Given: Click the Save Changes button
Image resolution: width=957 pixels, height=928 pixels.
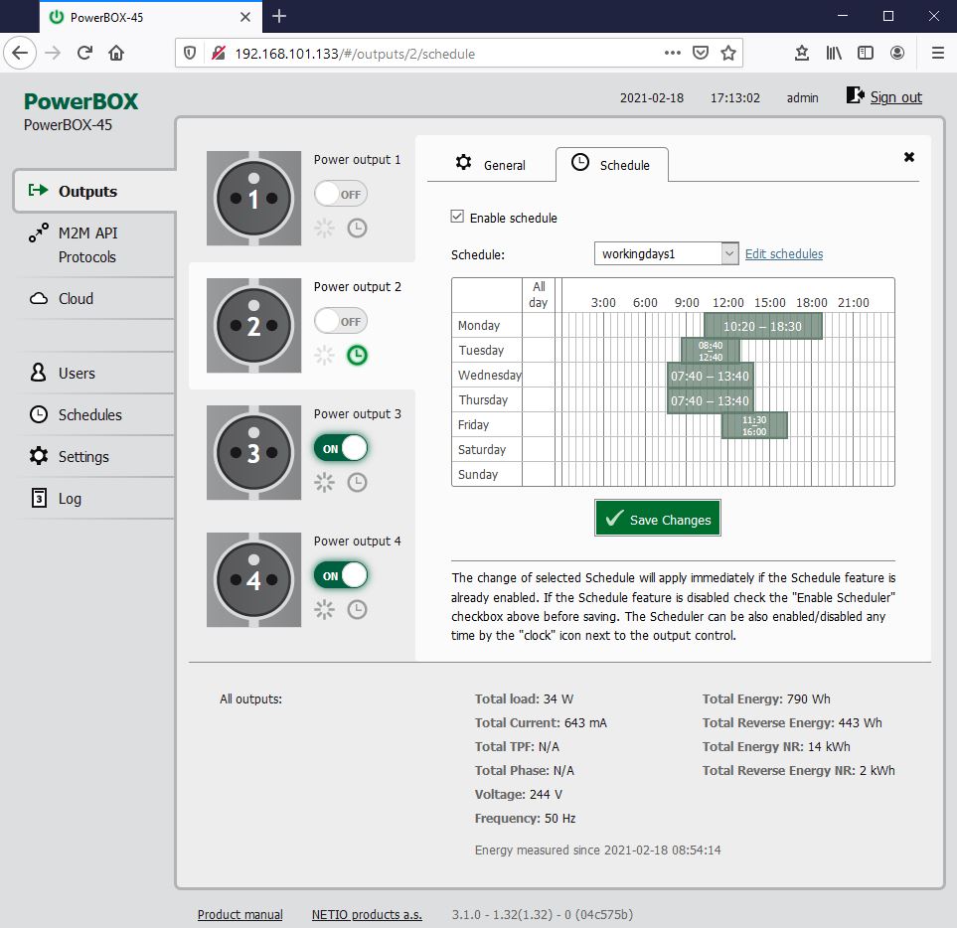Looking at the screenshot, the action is coord(657,518).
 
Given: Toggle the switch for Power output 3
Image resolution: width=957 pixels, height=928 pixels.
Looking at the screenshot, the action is coord(341,448).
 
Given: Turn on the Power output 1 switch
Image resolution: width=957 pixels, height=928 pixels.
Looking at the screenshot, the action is coord(341,194).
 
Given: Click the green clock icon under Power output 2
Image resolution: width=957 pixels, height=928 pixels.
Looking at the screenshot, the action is coord(357,355).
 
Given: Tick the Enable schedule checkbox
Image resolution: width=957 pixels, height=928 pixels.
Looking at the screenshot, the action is coord(457,217).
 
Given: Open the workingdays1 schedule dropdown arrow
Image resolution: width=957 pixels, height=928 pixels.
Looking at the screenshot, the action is coord(729,253).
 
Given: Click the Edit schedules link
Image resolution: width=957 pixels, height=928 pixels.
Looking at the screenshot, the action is coord(784,253).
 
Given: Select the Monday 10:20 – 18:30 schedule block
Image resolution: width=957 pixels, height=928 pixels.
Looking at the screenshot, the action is coord(763,326).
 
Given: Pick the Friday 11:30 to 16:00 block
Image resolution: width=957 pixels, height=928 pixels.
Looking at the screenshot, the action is coord(754,425).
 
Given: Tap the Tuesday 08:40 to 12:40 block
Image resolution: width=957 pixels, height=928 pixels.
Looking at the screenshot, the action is coord(711,351).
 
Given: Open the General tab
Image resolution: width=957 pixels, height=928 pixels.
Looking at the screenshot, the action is coord(491,165).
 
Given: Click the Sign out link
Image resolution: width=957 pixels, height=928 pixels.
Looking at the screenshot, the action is coord(895,97).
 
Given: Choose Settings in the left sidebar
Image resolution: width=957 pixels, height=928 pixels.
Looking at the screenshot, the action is coord(83,456).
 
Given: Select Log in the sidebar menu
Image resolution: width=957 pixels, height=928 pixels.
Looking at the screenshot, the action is coord(70,499).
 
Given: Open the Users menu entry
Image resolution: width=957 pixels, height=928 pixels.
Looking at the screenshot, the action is coord(77,373).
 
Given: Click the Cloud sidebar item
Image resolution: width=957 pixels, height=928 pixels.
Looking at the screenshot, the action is coord(76,298).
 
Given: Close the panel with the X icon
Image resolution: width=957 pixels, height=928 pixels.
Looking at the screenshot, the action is coord(908,157).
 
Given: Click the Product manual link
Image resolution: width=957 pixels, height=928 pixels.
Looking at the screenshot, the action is coord(239,914).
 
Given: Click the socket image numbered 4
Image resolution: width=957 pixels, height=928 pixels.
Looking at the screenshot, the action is coord(253,579).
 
